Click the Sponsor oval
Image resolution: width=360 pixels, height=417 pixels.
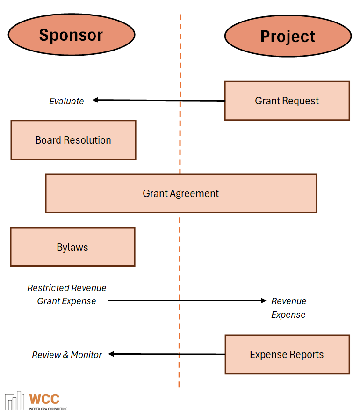[72, 35]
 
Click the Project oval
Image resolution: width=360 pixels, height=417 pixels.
[288, 36]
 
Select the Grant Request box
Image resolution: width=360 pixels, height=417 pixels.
[287, 101]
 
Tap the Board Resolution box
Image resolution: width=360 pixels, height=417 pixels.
[73, 140]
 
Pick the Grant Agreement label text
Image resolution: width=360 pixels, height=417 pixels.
[180, 193]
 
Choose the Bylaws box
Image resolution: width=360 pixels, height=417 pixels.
[72, 247]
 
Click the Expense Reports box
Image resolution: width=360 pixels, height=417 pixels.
[287, 354]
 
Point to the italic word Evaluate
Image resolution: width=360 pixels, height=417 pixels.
[66, 101]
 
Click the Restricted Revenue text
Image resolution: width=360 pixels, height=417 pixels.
[67, 288]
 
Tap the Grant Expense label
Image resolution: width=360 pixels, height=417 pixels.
[66, 301]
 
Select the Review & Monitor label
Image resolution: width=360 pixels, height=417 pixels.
[67, 355]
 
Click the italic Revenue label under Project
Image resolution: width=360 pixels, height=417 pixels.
[289, 301]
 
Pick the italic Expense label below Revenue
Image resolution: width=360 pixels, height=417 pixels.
[288, 315]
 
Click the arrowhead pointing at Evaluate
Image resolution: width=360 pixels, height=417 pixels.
[95, 100]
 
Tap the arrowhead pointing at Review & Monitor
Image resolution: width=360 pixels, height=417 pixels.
[112, 354]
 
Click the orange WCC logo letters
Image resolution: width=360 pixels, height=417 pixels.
[44, 399]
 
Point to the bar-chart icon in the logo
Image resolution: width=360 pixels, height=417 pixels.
[14, 401]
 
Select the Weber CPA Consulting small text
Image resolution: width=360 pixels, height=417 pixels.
[48, 409]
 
